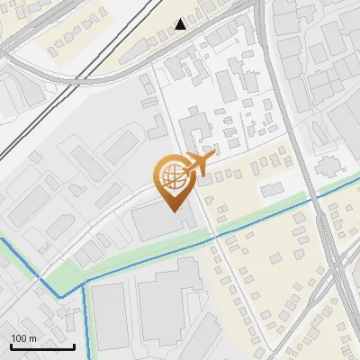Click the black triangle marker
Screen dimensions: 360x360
click(181, 23)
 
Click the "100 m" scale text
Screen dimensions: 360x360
click(24, 338)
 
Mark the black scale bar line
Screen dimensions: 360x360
click(42, 346)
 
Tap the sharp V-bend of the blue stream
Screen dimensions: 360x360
click(59, 295)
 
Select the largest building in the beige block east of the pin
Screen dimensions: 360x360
click(271, 190)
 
